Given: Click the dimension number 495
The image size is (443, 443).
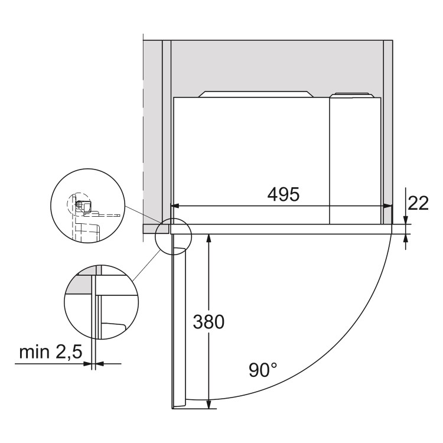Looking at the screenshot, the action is [x=283, y=194].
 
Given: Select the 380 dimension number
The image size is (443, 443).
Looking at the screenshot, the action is [x=209, y=322].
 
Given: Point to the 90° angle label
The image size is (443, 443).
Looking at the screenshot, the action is [x=263, y=370].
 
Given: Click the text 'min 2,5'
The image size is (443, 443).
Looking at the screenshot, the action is [x=51, y=352].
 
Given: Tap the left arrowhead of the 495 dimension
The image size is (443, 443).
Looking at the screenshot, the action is [x=175, y=206].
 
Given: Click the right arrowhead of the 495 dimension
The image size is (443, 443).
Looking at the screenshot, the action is [x=388, y=206].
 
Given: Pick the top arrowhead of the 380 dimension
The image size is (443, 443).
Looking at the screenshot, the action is [x=209, y=238].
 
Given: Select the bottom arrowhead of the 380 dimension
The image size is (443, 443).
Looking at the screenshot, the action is [x=209, y=404].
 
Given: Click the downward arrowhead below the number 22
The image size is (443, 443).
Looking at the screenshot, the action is [x=405, y=220].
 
